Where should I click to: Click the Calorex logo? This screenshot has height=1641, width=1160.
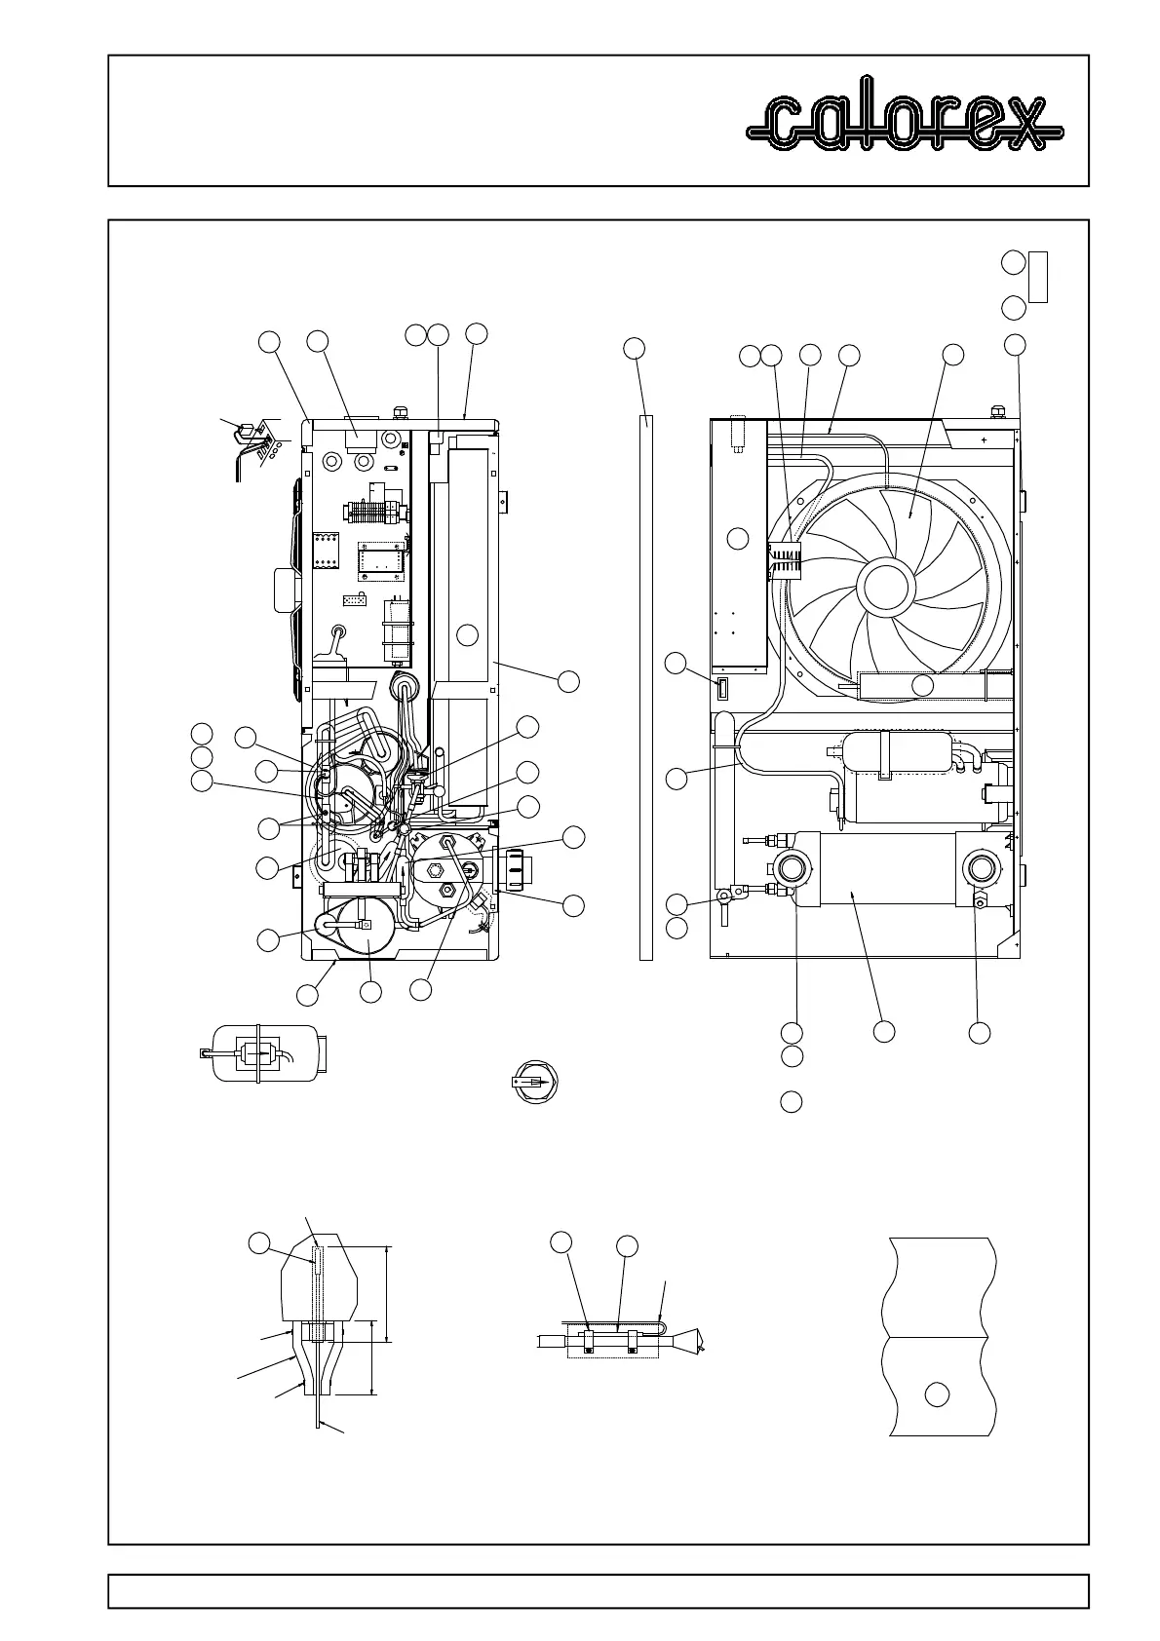pos(905,123)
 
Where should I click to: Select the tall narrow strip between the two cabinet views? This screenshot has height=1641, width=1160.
pos(645,687)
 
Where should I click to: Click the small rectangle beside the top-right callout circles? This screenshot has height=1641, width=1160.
pos(1038,277)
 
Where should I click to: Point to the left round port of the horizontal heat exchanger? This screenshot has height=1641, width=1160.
pos(792,867)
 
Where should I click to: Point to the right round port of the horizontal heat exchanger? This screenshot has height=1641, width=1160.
pos(980,867)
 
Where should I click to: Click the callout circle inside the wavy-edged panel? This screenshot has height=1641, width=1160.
pos(937,1393)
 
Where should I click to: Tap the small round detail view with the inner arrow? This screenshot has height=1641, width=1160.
pos(533,1082)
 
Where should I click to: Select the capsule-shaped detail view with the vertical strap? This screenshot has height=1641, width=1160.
pos(263,1052)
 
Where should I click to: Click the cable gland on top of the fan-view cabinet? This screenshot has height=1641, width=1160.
pos(997,411)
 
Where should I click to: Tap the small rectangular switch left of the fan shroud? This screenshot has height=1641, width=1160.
pos(722,689)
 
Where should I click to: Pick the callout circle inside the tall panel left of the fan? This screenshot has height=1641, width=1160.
pos(739,538)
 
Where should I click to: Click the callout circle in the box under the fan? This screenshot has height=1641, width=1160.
pos(922,685)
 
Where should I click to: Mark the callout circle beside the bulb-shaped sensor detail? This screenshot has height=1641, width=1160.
pos(258,1242)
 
